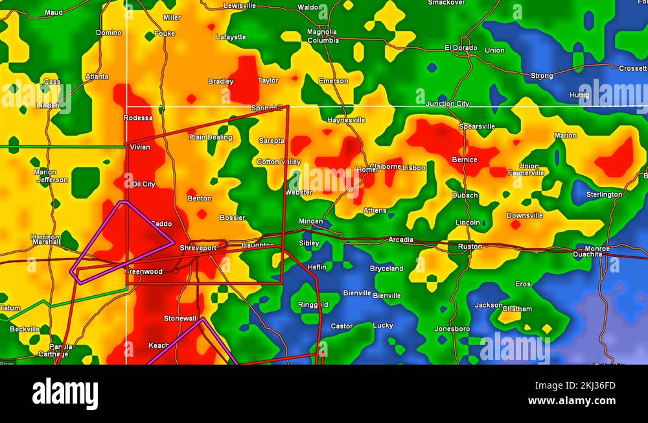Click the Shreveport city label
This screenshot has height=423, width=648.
pos(198,248)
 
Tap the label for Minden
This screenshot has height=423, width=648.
pos(310,221)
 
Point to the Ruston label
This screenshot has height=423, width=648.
pos(470,247)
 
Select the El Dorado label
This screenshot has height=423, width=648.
pos(461,47)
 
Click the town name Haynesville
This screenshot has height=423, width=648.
pos(346,120)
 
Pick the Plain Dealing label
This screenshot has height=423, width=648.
pos(211,137)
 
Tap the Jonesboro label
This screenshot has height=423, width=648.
pos(452,329)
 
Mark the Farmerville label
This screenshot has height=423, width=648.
pos(526,173)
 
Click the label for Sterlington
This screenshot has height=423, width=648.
pos(604,195)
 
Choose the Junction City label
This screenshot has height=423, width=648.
pos(448,104)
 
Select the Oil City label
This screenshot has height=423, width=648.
pos(143,184)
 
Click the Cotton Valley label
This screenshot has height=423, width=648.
pos(279,162)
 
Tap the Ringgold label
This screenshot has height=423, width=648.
pos(313,305)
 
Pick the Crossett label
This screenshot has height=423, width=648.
pos(632,68)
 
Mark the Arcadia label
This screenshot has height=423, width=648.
pos(400,240)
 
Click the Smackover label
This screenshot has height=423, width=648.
pos(446,3)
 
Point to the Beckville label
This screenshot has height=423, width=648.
pos(25,329)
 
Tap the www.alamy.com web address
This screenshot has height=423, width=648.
pos(572,401)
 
